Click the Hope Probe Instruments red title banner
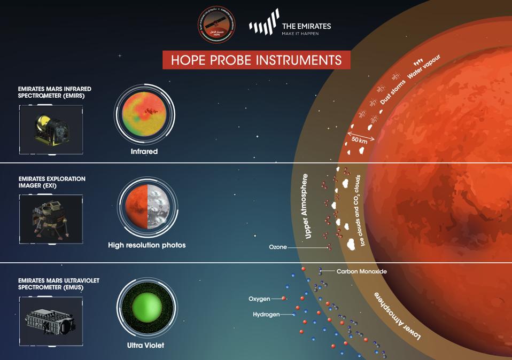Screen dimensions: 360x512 pyautogui.click(x=257, y=59)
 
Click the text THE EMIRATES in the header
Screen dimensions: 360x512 pyautogui.click(x=306, y=26)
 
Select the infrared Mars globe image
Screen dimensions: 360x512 pyautogui.click(x=144, y=114)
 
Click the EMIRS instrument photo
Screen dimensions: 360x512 pyautogui.click(x=51, y=129)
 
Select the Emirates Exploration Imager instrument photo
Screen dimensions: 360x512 pyautogui.click(x=51, y=219)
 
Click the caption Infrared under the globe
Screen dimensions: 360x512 pyautogui.click(x=144, y=152)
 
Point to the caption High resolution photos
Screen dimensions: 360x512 pyautogui.click(x=147, y=245)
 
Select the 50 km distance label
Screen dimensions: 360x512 pyautogui.click(x=360, y=140)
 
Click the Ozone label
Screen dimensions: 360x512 pyautogui.click(x=278, y=247)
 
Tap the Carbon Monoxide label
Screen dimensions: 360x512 pyautogui.click(x=361, y=271)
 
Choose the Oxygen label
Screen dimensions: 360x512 pyautogui.click(x=259, y=299)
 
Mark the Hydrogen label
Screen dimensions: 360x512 pyautogui.click(x=266, y=315)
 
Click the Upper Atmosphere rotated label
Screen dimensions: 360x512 pyautogui.click(x=306, y=206)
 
